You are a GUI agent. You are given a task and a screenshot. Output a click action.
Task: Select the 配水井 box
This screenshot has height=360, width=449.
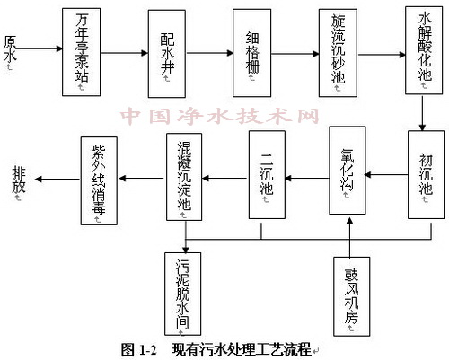(x=168, y=51)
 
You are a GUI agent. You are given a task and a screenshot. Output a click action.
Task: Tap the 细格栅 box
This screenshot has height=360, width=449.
(x=251, y=51)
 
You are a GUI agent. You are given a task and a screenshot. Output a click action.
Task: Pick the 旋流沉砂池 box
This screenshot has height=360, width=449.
(x=337, y=51)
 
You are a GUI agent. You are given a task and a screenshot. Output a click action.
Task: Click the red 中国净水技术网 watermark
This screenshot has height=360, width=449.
(x=220, y=118)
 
